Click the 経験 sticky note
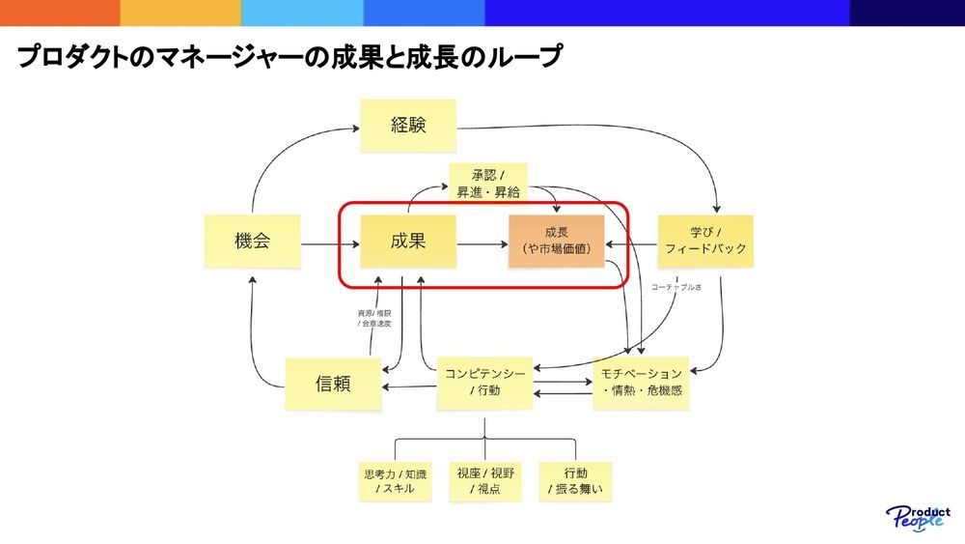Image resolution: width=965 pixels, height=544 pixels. tap(408, 125)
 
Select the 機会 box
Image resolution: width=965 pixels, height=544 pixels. tap(252, 242)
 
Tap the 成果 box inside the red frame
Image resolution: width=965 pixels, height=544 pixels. tap(408, 242)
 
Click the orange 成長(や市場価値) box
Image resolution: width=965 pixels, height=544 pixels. tap(556, 242)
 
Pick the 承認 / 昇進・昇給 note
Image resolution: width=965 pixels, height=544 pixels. tap(487, 183)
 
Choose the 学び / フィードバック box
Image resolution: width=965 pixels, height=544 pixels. tap(704, 242)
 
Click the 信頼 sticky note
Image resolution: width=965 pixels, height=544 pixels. tap(333, 384)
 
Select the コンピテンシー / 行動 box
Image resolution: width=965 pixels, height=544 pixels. tap(484, 382)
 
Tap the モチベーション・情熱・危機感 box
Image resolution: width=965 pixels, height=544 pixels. tap(642, 382)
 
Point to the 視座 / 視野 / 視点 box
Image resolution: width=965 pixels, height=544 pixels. tap(485, 480)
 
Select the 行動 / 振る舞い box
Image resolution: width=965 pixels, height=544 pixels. tap(575, 480)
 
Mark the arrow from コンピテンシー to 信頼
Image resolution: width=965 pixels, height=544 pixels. tap(409, 386)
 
